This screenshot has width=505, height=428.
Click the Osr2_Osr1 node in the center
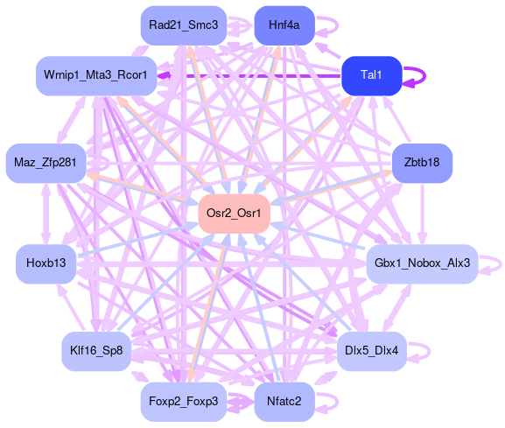pyautogui.click(x=234, y=214)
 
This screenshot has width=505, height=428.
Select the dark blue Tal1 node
pyautogui.click(x=372, y=75)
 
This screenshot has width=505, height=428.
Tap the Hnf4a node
pyautogui.click(x=284, y=25)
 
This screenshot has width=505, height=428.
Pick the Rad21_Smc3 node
pyautogui.click(x=184, y=25)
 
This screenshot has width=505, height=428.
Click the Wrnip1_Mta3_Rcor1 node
pyautogui.click(x=96, y=75)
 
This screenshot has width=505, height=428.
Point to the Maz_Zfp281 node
pyautogui.click(x=46, y=163)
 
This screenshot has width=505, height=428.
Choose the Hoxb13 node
pyautogui.click(x=46, y=263)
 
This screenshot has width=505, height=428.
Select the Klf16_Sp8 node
pyautogui.click(x=96, y=351)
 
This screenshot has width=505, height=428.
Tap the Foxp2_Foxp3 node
pyautogui.click(x=184, y=402)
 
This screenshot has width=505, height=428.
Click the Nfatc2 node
pyautogui.click(x=284, y=402)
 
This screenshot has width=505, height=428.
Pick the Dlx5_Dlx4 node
pyautogui.click(x=372, y=351)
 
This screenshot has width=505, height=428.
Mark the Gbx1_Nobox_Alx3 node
pyautogui.click(x=422, y=263)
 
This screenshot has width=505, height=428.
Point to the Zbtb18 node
pyautogui.click(x=422, y=163)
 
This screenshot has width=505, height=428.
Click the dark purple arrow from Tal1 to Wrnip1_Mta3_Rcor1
pyautogui.click(x=249, y=76)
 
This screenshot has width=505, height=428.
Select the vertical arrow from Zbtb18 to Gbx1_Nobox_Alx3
pyautogui.click(x=423, y=214)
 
